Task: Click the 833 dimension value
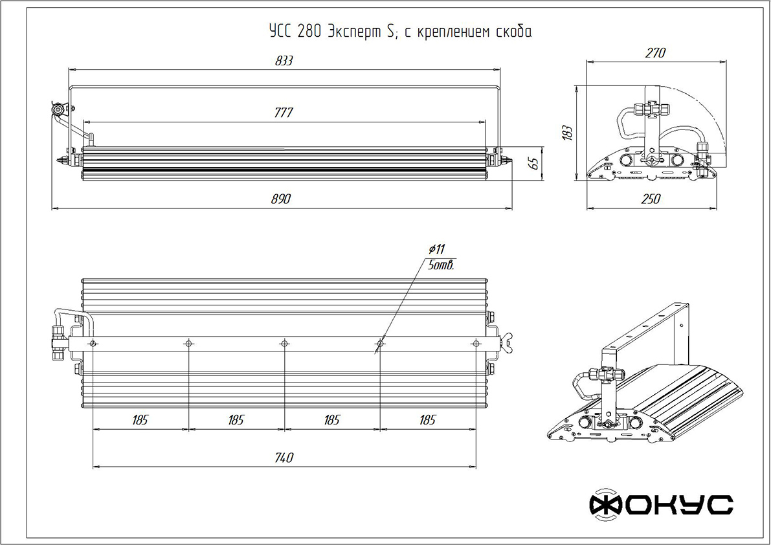pos(284,60)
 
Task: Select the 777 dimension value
pos(284,113)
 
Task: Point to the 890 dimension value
pos(282,199)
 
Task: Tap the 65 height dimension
pos(535,162)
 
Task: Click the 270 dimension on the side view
pos(656,52)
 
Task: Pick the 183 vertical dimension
pos(567,133)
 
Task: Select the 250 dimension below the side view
pos(651,199)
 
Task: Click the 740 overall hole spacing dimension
pos(284,458)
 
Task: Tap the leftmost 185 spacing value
pos(140,420)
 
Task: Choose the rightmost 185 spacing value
pos(427,420)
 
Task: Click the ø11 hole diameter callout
pos(436,249)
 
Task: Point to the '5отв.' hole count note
pos(441,265)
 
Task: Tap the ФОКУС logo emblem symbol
pos(604,504)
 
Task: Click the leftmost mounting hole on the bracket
pos(93,344)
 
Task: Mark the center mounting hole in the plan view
pos(284,344)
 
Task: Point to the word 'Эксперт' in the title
pos(355,32)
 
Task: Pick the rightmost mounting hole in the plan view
pos(476,344)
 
